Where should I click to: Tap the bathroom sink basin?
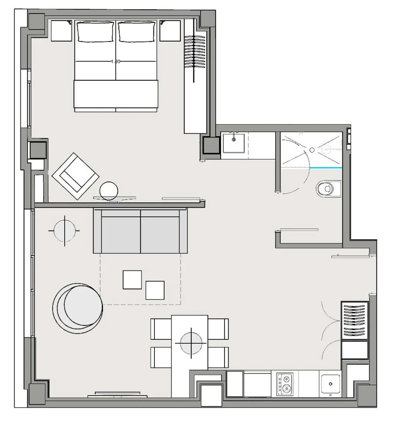click(233, 143)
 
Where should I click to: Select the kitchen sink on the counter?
click(331, 384)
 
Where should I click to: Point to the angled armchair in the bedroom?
click(75, 176)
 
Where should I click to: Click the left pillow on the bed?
click(96, 31)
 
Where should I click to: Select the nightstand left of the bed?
click(62, 31)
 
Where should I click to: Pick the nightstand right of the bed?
click(170, 31)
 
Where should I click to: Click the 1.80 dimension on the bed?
click(116, 61)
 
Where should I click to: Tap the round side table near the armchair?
click(109, 191)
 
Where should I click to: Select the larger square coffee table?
click(132, 280)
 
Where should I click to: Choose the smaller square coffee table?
click(155, 290)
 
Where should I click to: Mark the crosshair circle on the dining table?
click(191, 343)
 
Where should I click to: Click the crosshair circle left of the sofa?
click(64, 230)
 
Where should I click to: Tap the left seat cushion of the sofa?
click(121, 234)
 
